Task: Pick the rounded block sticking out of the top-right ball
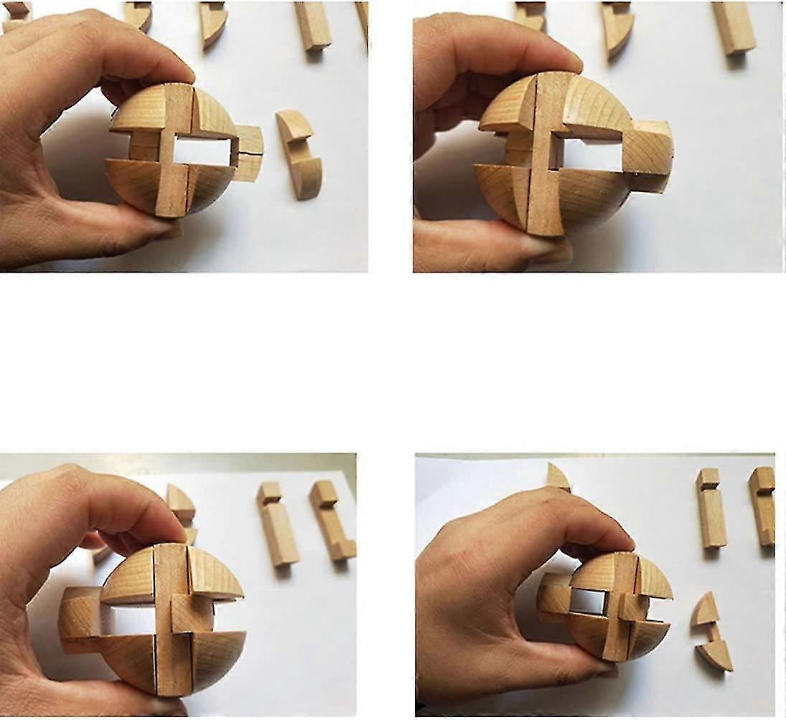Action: point(649,153)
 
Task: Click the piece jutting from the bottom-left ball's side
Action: point(79,620)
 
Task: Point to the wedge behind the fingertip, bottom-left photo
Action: point(180,505)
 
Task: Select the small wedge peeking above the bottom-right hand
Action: point(558,476)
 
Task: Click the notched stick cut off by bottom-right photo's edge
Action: point(762,505)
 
